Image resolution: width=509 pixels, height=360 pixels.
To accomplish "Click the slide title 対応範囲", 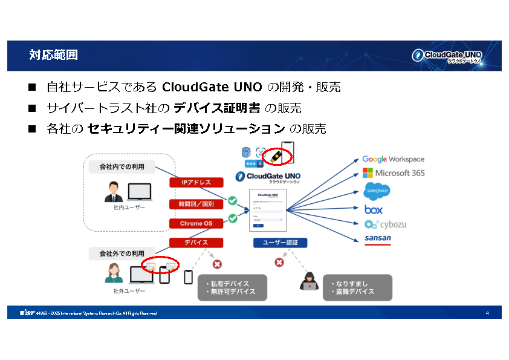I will pos(53,56).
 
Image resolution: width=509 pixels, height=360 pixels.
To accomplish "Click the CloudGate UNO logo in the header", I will pos(447,56).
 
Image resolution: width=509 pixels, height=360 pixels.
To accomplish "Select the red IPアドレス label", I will pos(196,182).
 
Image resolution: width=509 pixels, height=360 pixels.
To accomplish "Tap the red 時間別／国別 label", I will pos(196,204).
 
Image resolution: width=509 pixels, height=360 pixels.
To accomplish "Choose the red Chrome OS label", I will pos(196,223).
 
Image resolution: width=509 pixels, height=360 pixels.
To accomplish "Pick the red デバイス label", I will pos(196,243).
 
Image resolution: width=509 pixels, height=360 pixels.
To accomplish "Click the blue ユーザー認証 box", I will pos(280,243).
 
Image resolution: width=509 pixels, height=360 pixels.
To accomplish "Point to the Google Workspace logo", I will pos(393,159).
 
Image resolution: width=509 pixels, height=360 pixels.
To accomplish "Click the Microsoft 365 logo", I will pos(393,173).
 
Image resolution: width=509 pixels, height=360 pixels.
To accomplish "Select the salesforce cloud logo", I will pos(377,191).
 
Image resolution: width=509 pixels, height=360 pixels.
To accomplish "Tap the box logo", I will pos(374,209).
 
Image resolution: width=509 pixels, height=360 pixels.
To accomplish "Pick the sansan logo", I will pos(378,238).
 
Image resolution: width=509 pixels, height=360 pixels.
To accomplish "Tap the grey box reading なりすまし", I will pos(357,287).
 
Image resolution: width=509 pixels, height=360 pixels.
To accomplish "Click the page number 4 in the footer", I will pos(487,313).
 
